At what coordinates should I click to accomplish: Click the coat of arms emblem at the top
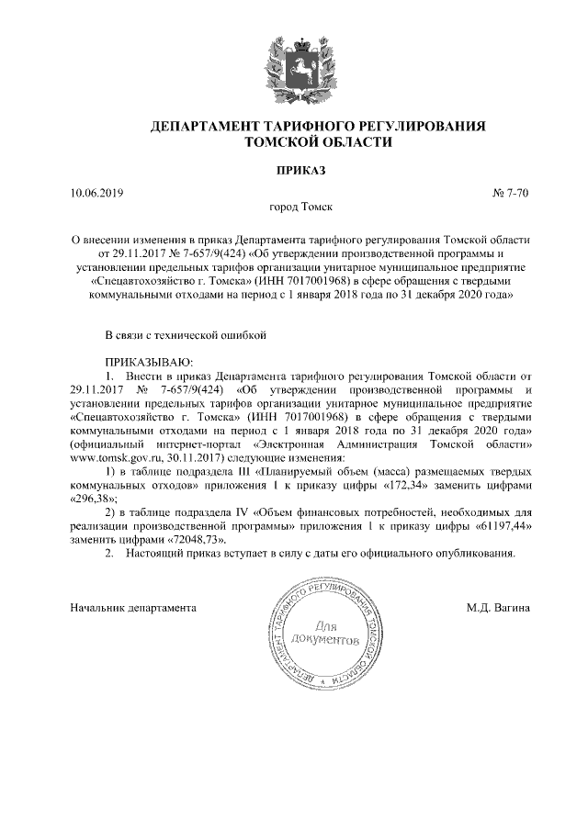click(293, 62)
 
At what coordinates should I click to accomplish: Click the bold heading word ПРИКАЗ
click(293, 171)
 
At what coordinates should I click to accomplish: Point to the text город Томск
click(293, 209)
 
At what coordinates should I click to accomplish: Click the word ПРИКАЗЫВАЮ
click(143, 364)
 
